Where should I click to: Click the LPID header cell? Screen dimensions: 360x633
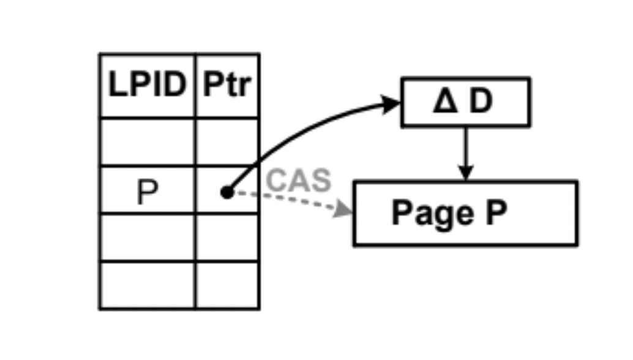[x=147, y=86]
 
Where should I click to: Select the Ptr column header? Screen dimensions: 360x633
[x=227, y=86]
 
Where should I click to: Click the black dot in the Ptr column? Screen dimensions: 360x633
[x=227, y=193]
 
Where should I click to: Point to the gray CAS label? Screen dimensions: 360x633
[x=299, y=181]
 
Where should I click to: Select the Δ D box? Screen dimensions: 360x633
[x=465, y=102]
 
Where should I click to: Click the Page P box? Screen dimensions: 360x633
[x=465, y=213]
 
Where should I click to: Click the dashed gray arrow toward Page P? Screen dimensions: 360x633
[x=288, y=201]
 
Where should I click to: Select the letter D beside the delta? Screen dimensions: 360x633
[x=481, y=102]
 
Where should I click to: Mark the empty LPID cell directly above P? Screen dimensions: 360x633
[x=147, y=141]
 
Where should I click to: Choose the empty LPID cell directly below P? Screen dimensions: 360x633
[x=147, y=237]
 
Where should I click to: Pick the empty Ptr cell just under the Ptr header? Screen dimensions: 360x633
[x=227, y=141]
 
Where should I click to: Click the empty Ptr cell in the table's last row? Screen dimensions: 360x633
[x=227, y=285]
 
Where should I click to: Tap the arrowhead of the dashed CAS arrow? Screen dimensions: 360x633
[x=345, y=211]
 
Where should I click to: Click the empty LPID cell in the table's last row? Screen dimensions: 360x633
[x=147, y=285]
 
